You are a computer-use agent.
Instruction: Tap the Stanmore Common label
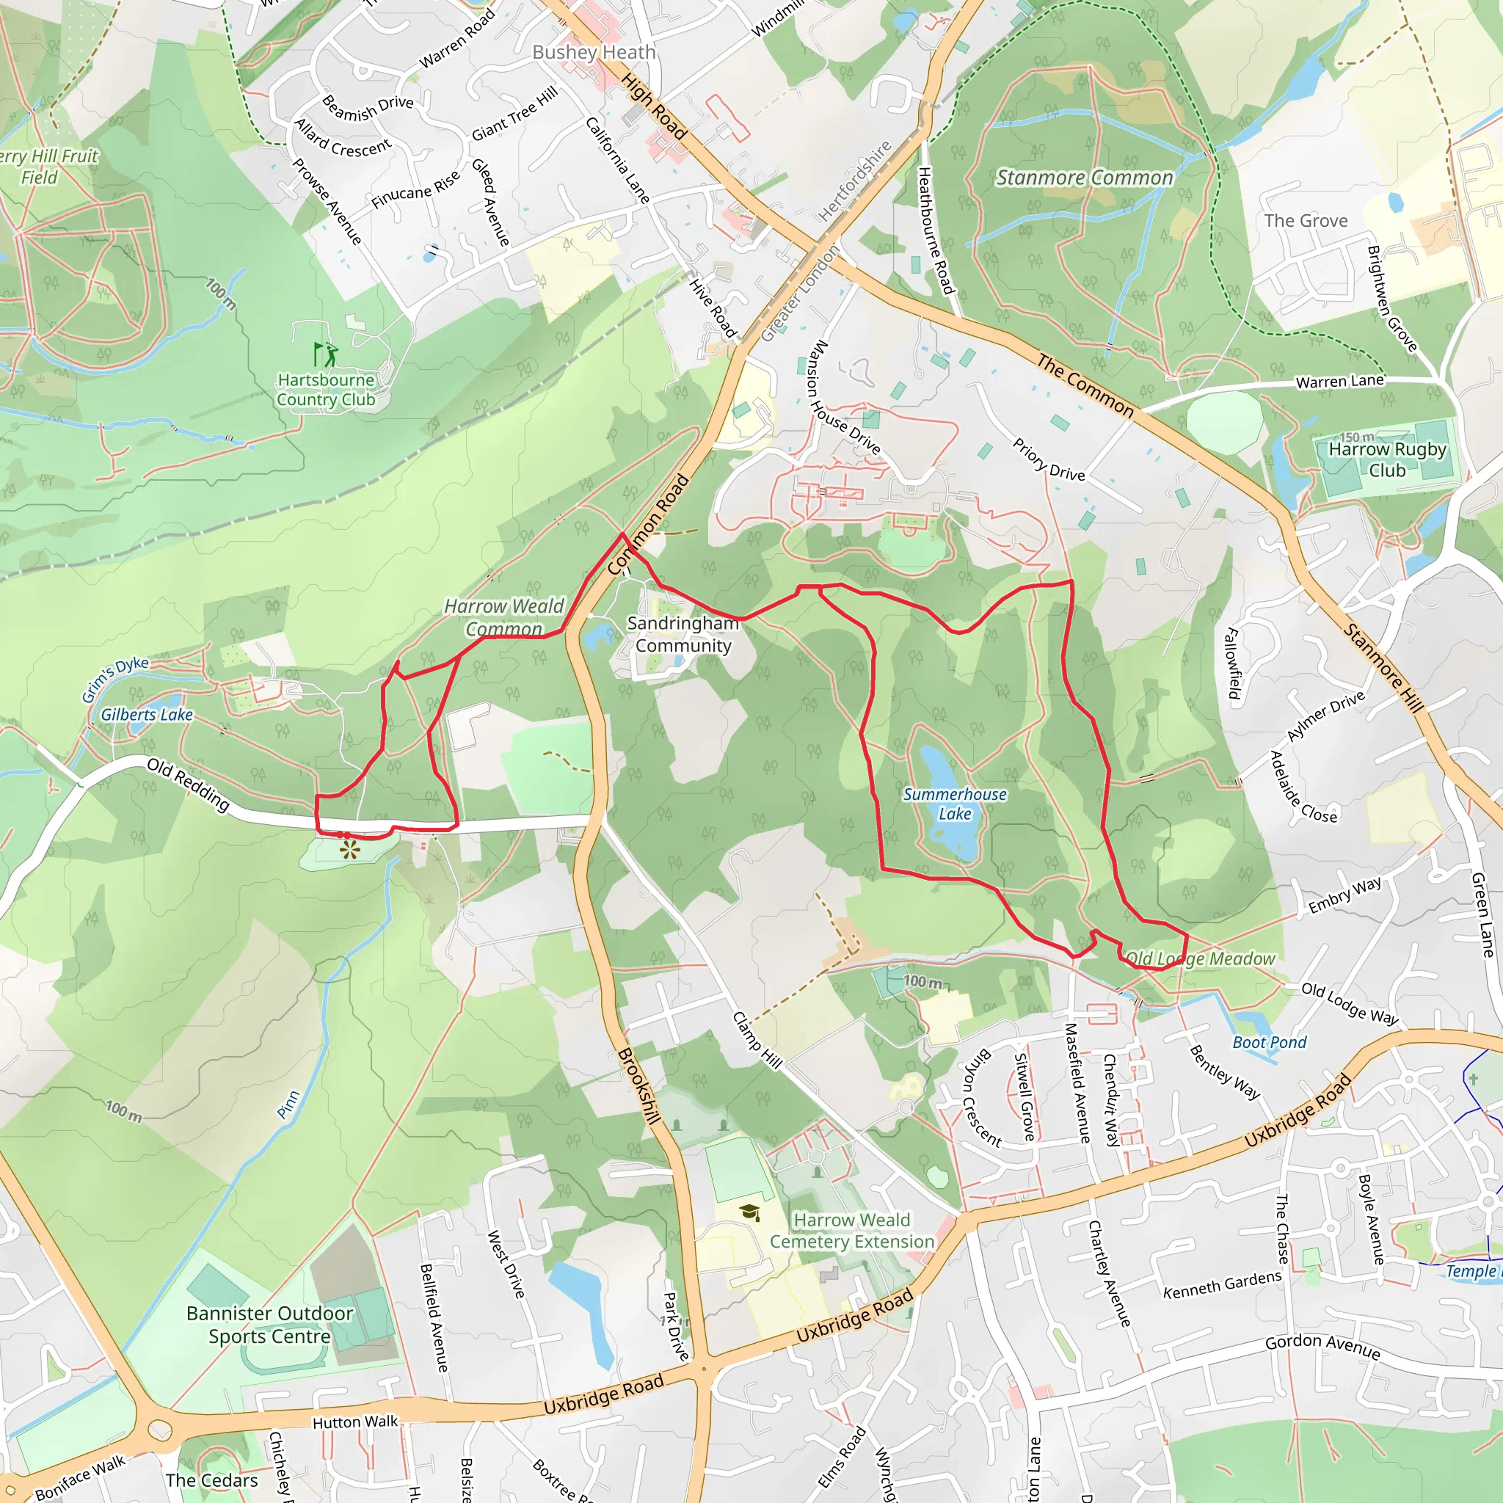pyautogui.click(x=1085, y=178)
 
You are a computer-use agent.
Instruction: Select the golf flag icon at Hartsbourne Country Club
pyautogui.click(x=325, y=354)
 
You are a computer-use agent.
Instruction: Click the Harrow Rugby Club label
pyautogui.click(x=1387, y=459)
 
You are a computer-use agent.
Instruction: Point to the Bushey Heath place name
pyautogui.click(x=594, y=52)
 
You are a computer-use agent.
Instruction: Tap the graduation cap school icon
pyautogui.click(x=749, y=1212)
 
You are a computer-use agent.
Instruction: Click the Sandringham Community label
pyautogui.click(x=683, y=634)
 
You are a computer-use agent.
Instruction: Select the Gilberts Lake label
pyautogui.click(x=146, y=714)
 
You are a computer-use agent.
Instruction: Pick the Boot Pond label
pyautogui.click(x=1270, y=1041)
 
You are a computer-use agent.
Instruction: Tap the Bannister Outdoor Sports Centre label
pyautogui.click(x=269, y=1324)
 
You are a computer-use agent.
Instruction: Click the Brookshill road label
pyautogui.click(x=638, y=1086)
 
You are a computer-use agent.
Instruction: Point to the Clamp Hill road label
pyautogui.click(x=757, y=1040)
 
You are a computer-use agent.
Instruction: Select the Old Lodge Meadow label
pyautogui.click(x=1201, y=958)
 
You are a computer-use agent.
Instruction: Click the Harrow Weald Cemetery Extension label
pyautogui.click(x=852, y=1231)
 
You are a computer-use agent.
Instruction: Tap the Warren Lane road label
pyautogui.click(x=1339, y=381)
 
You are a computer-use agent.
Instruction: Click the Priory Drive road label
pyautogui.click(x=1048, y=459)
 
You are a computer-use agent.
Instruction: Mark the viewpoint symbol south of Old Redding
pyautogui.click(x=350, y=849)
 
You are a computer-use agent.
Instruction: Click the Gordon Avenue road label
pyautogui.click(x=1322, y=1345)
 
